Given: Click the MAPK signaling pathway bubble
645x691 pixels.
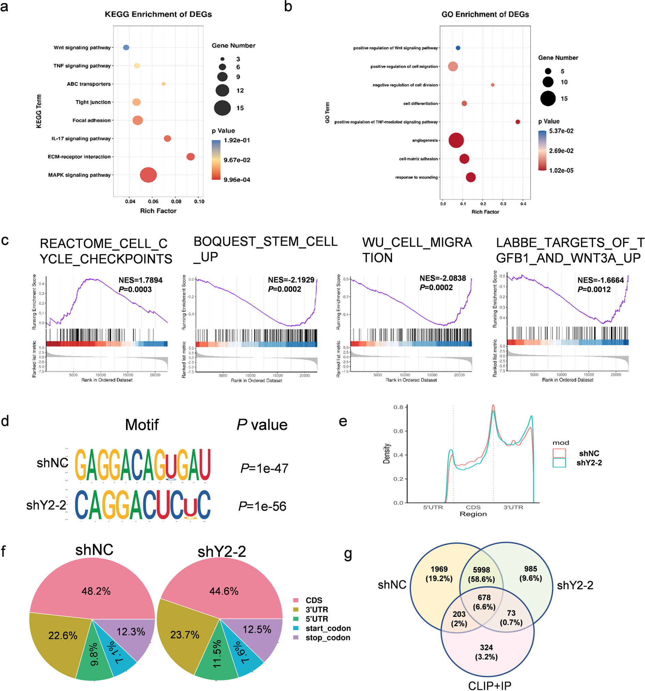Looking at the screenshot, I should [148, 175].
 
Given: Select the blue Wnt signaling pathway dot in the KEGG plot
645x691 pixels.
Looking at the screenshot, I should [126, 47].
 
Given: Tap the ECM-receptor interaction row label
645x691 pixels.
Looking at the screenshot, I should [79, 157].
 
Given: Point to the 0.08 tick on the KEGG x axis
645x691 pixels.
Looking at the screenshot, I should [176, 201].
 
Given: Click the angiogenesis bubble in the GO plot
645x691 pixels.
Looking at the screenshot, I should [456, 141].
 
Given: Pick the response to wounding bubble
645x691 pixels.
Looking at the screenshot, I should [471, 177].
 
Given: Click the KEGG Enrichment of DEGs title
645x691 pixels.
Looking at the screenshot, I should [158, 14].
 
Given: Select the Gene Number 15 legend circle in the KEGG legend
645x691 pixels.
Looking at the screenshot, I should [222, 108].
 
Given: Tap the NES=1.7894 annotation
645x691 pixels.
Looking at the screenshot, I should [140, 280].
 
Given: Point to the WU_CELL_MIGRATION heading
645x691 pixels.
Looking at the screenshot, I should [417, 250].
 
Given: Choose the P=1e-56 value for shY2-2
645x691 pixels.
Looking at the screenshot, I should [262, 506].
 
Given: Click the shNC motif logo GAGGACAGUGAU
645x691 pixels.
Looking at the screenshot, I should [143, 464].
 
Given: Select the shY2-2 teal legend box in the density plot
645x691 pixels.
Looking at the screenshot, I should [559, 463].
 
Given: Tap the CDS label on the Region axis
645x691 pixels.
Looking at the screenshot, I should [473, 507].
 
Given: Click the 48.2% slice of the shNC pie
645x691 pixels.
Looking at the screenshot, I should [96, 591].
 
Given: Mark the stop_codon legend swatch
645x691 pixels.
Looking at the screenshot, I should [296, 637].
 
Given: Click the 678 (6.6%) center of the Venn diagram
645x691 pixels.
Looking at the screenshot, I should [484, 602].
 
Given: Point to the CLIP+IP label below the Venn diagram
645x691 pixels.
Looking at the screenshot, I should [490, 686].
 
